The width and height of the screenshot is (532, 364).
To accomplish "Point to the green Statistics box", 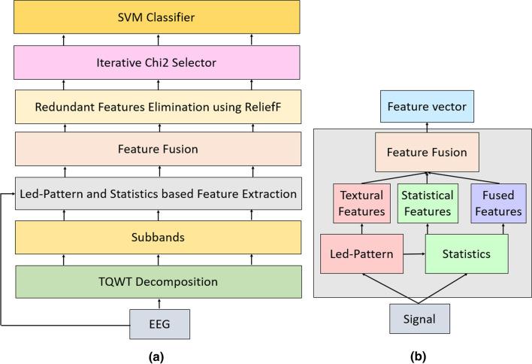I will [x=466, y=254].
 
